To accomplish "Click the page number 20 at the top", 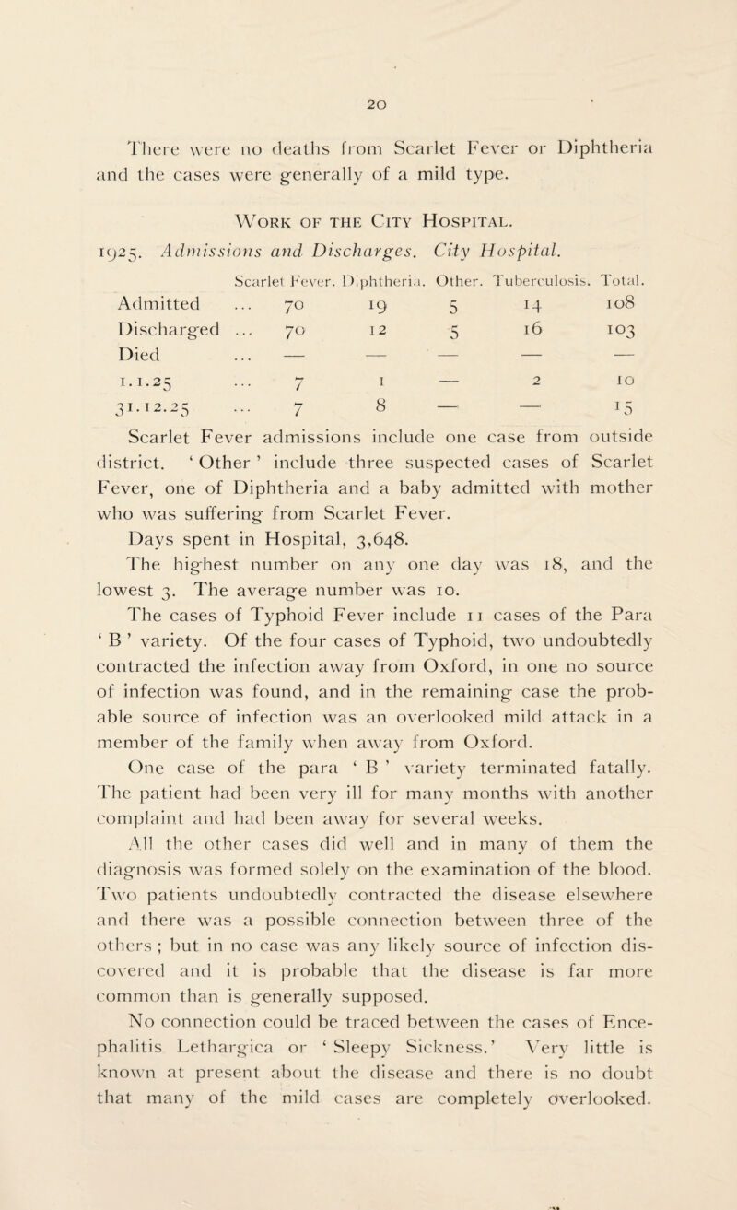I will point(374,53).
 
